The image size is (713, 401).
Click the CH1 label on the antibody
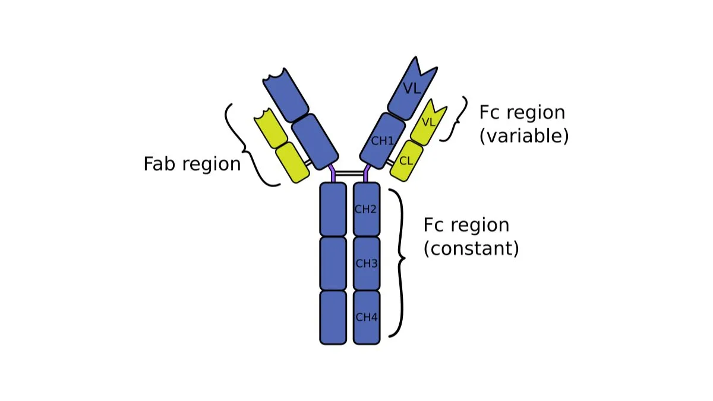pyautogui.click(x=382, y=141)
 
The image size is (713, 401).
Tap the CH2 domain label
pyautogui.click(x=366, y=209)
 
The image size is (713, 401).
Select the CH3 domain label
pyautogui.click(x=366, y=263)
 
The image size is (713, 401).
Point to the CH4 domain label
pyautogui.click(x=366, y=317)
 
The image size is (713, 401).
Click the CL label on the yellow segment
pyautogui.click(x=406, y=160)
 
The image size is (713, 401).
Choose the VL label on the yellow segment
pyautogui.click(x=428, y=122)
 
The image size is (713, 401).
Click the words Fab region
pyautogui.click(x=192, y=164)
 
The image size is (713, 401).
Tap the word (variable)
pyautogui.click(x=523, y=136)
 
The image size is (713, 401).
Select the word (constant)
pyautogui.click(x=471, y=248)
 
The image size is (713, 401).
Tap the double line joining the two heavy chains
pyautogui.click(x=349, y=173)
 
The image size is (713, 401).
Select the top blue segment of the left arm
pyautogui.click(x=285, y=92)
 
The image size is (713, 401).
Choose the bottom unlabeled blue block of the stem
pyautogui.click(x=333, y=317)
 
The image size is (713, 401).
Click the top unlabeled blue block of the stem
pyautogui.click(x=333, y=209)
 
